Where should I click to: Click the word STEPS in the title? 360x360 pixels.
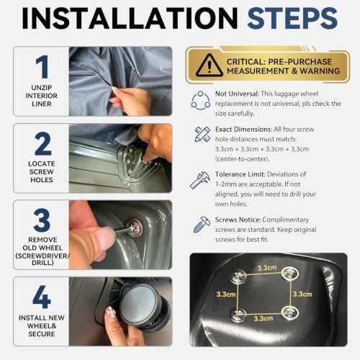[292, 18]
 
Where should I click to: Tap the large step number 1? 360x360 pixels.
[42, 67]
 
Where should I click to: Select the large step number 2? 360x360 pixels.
[42, 143]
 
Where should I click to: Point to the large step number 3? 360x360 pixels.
[42, 220]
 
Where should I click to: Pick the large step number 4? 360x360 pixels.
[42, 297]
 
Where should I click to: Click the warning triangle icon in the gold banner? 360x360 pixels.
[210, 65]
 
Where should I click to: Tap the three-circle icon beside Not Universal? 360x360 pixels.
[201, 100]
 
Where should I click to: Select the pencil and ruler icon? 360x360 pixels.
[202, 134]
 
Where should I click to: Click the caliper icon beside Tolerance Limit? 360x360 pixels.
[200, 180]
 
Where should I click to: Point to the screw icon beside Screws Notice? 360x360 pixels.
[202, 225]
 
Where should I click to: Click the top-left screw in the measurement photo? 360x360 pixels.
[238, 276]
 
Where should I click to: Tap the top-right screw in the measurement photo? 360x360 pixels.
[290, 274]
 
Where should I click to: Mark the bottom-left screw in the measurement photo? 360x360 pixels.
[238, 313]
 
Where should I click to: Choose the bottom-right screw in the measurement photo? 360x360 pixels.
[290, 312]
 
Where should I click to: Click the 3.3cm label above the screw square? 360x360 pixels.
[267, 268]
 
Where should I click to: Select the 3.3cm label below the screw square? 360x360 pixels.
[264, 318]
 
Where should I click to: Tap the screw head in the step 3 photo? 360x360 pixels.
[134, 228]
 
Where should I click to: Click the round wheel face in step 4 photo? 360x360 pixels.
[139, 303]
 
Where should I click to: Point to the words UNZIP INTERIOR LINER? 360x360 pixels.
[42, 96]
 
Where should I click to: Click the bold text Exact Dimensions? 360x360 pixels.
[243, 130]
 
